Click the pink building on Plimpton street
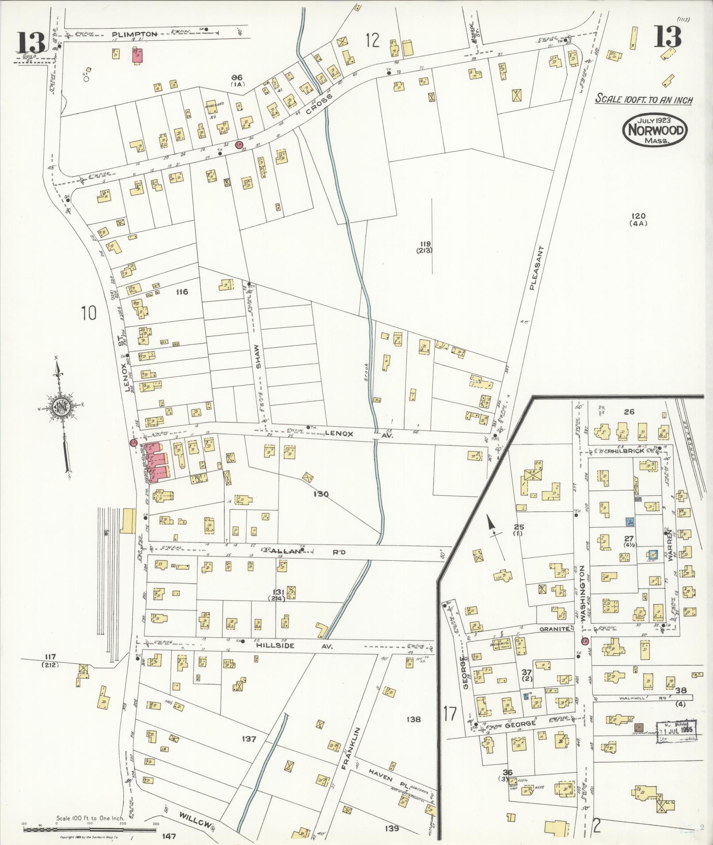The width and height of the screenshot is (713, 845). (x=137, y=56)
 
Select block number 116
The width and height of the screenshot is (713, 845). (x=182, y=292)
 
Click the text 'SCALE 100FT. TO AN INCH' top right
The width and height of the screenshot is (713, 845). (x=644, y=99)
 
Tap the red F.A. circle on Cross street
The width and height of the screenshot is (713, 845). (x=239, y=144)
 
